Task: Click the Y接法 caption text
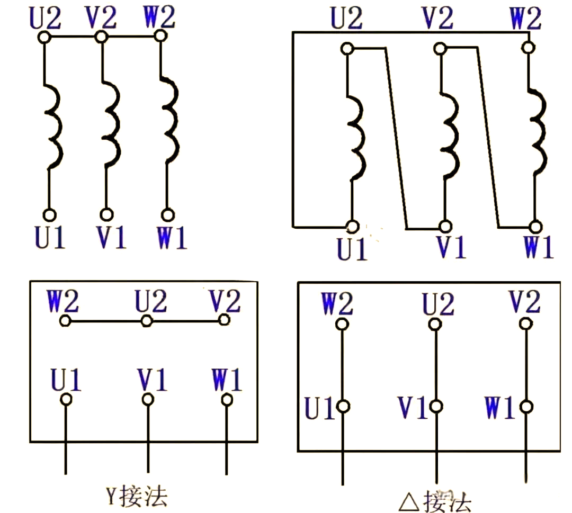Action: coord(137,496)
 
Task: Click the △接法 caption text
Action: coord(435,502)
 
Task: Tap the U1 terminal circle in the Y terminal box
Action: coord(66,400)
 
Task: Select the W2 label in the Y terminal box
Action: coord(62,301)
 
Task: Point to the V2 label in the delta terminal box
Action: coord(524,301)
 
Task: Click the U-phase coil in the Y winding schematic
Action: coord(54,126)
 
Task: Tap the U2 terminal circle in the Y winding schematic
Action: coord(44,37)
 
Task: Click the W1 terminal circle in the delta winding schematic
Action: coord(535,227)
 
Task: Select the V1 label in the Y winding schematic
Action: coord(111,237)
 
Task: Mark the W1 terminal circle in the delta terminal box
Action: coord(526,406)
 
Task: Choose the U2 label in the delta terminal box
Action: coord(438,303)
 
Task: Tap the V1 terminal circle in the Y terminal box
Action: coord(148,400)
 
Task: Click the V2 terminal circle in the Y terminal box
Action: coord(224,320)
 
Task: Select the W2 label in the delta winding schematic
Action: coord(526,18)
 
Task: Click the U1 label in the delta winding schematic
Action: coord(352,249)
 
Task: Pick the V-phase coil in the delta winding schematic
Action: coord(450,135)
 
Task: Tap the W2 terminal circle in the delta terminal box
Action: coord(342,324)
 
